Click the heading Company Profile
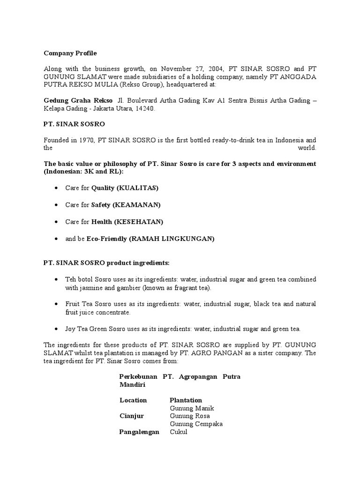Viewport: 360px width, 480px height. click(x=70, y=53)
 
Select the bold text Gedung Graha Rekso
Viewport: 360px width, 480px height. click(x=78, y=100)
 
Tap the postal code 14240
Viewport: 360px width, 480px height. click(x=144, y=108)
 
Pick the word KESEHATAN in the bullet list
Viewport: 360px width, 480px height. click(x=138, y=222)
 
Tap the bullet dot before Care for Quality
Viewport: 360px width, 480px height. click(x=56, y=188)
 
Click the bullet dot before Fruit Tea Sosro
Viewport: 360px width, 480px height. click(x=56, y=304)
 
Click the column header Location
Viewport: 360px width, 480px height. click(x=133, y=400)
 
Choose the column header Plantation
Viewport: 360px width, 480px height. click(x=186, y=400)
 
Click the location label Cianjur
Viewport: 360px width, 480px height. click(x=132, y=416)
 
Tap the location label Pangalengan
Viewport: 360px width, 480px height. click(x=139, y=432)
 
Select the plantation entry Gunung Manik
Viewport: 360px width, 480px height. click(x=191, y=408)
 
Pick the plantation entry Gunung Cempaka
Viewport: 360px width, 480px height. click(x=196, y=424)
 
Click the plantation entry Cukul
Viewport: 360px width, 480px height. click(x=178, y=432)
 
